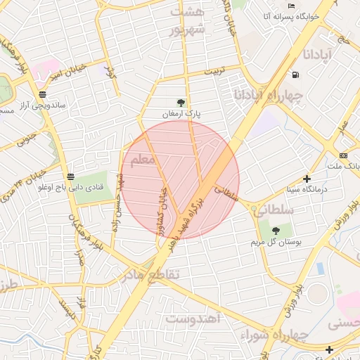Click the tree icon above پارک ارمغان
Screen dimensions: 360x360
coord(182,103)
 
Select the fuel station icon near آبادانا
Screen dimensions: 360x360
coord(293,75)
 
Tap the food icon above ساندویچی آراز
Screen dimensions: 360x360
coord(43,94)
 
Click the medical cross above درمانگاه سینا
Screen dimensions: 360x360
coord(307,179)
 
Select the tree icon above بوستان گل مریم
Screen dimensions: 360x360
coord(275,230)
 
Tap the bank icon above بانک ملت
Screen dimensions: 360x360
coord(342,155)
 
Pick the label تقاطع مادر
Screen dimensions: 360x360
coord(155,273)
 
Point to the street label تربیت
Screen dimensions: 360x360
coord(214,72)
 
